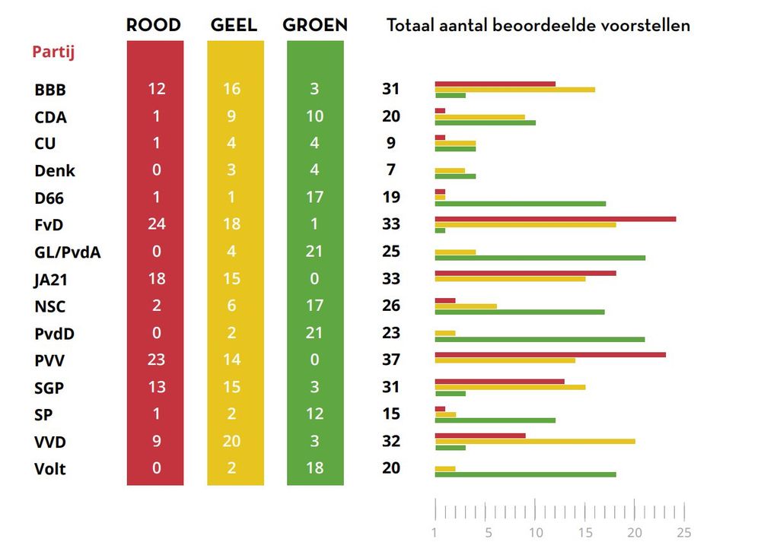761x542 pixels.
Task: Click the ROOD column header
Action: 154,25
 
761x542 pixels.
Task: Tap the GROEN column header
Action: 315,25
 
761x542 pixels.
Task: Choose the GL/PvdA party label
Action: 68,252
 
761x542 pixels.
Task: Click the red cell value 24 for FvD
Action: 156,224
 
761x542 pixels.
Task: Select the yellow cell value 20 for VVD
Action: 232,441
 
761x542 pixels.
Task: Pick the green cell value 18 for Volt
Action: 315,468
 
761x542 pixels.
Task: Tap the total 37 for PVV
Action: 391,360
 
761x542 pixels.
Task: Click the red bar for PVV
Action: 549,355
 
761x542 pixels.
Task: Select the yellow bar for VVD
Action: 534,441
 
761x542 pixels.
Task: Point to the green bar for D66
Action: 520,204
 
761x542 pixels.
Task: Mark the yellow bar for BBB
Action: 514,90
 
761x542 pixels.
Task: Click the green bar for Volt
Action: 525,474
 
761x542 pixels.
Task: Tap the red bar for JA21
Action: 525,274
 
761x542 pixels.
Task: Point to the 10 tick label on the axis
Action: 536,533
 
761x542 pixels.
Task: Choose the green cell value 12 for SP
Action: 315,414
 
